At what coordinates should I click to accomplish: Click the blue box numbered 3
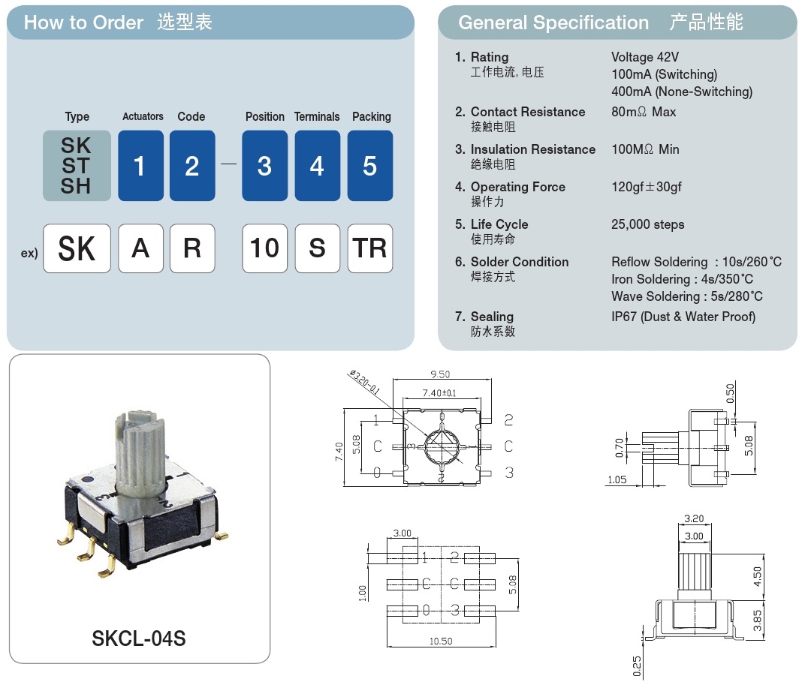click(x=264, y=166)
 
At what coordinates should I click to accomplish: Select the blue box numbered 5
click(x=369, y=166)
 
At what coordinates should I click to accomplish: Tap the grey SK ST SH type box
click(x=77, y=166)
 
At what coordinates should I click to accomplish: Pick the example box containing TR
click(x=369, y=248)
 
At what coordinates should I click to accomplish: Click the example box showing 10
click(x=264, y=248)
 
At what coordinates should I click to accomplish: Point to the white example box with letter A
click(x=140, y=248)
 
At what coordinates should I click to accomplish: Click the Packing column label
click(x=371, y=117)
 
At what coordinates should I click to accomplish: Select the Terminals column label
click(x=317, y=117)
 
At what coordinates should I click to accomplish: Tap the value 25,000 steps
click(x=647, y=224)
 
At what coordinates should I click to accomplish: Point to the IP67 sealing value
click(x=683, y=317)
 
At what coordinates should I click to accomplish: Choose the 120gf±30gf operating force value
click(x=646, y=187)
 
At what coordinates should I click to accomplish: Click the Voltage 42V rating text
click(x=645, y=57)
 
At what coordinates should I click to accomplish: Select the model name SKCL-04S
click(x=139, y=638)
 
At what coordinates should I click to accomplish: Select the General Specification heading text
click(x=553, y=23)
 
